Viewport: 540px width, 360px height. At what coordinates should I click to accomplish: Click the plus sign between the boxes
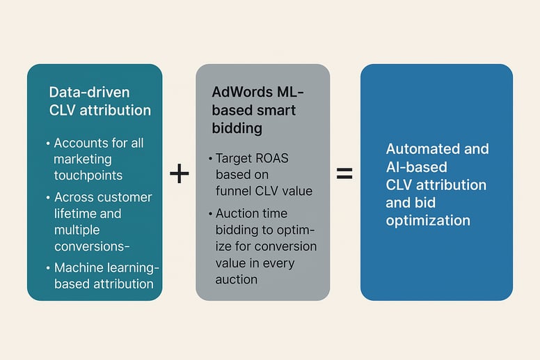click(180, 173)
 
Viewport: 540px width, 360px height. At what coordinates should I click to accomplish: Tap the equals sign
click(344, 173)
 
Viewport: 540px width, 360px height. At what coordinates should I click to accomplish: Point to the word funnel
click(237, 191)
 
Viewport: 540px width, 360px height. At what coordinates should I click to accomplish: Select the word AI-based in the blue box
click(417, 167)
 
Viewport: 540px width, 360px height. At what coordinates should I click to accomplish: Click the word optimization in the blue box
click(428, 221)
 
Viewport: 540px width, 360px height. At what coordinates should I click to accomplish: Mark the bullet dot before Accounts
click(48, 143)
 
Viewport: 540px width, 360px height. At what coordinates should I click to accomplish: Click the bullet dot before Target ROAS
click(209, 158)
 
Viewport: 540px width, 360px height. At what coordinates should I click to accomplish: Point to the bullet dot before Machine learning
click(48, 267)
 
